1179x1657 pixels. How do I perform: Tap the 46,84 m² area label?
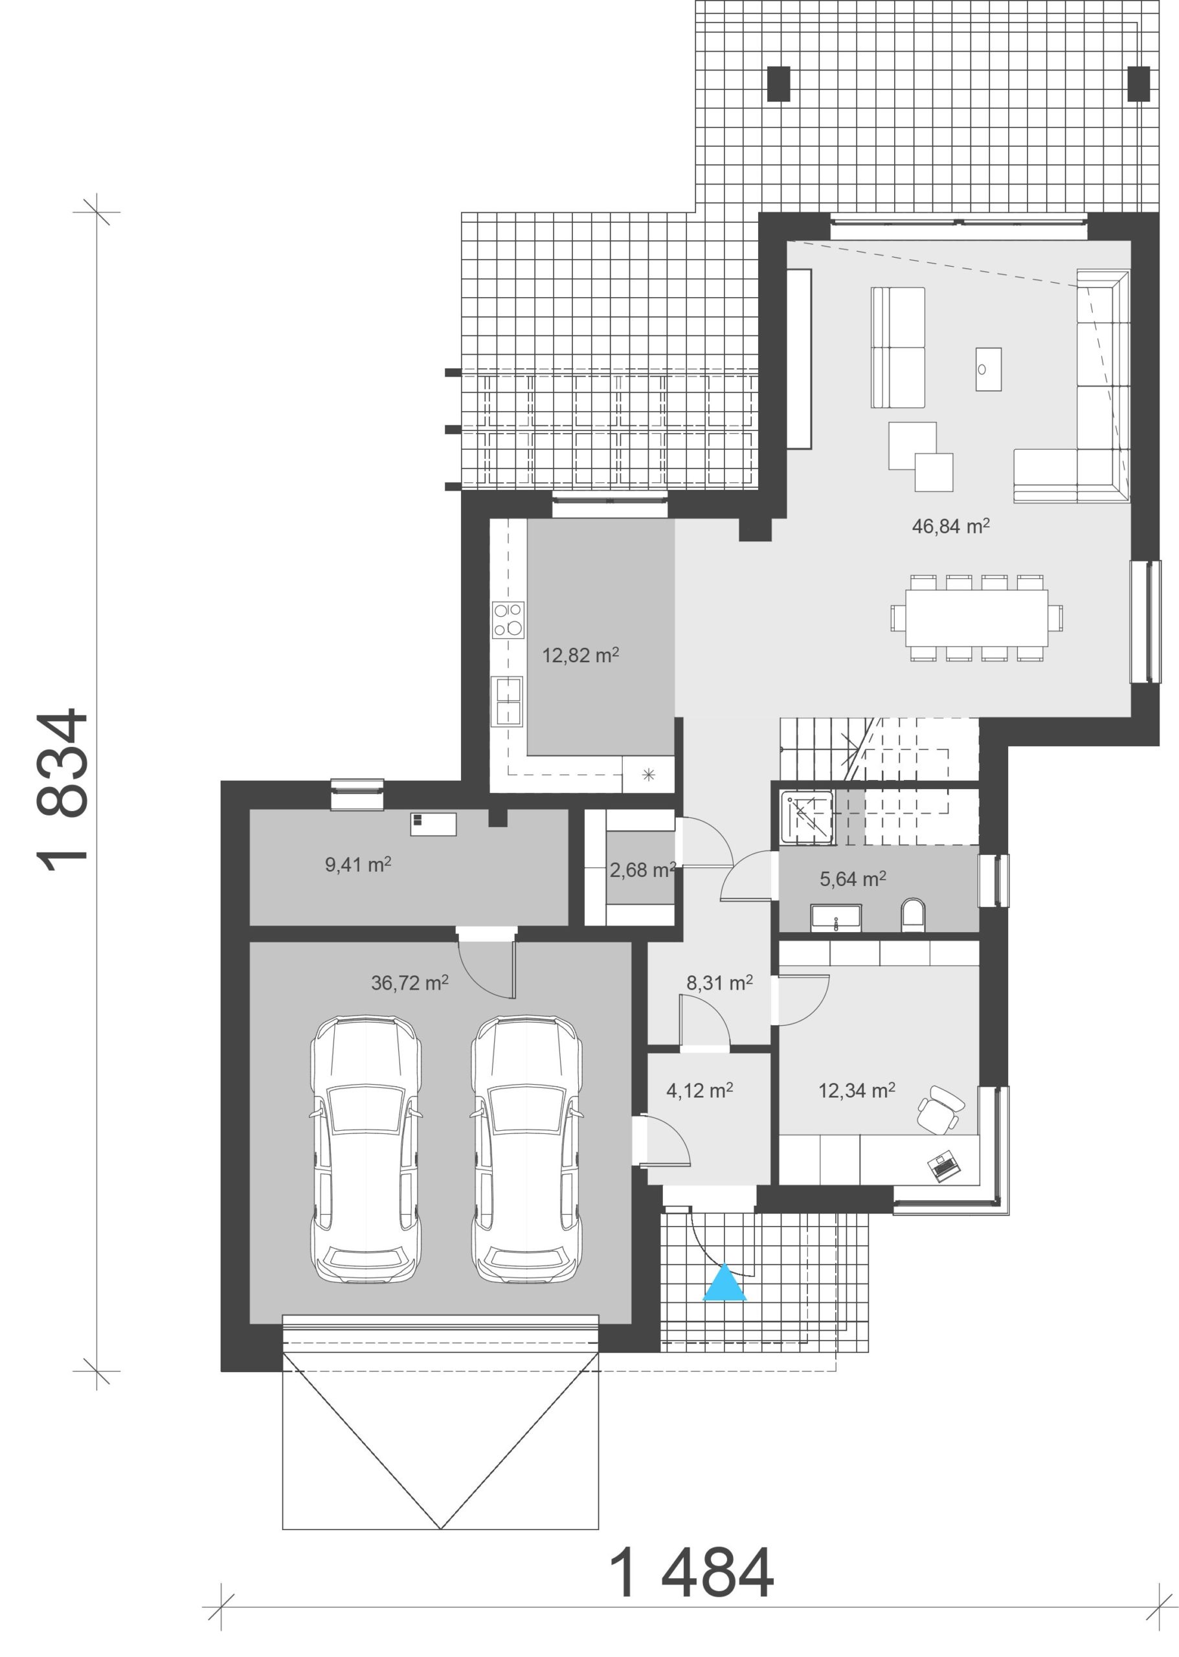point(950,526)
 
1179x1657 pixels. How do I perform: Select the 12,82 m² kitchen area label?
point(580,656)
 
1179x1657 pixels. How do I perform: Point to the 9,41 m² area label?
point(358,865)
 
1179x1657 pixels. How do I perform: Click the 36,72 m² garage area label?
point(409,983)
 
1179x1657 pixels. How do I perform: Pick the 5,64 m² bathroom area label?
point(852,879)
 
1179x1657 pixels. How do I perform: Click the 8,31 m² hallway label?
point(719,983)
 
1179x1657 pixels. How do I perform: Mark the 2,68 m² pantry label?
point(642,869)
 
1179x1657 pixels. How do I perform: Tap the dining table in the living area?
point(976,617)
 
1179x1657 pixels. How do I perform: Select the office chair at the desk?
point(941,1108)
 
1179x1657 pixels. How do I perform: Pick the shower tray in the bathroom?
point(808,817)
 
